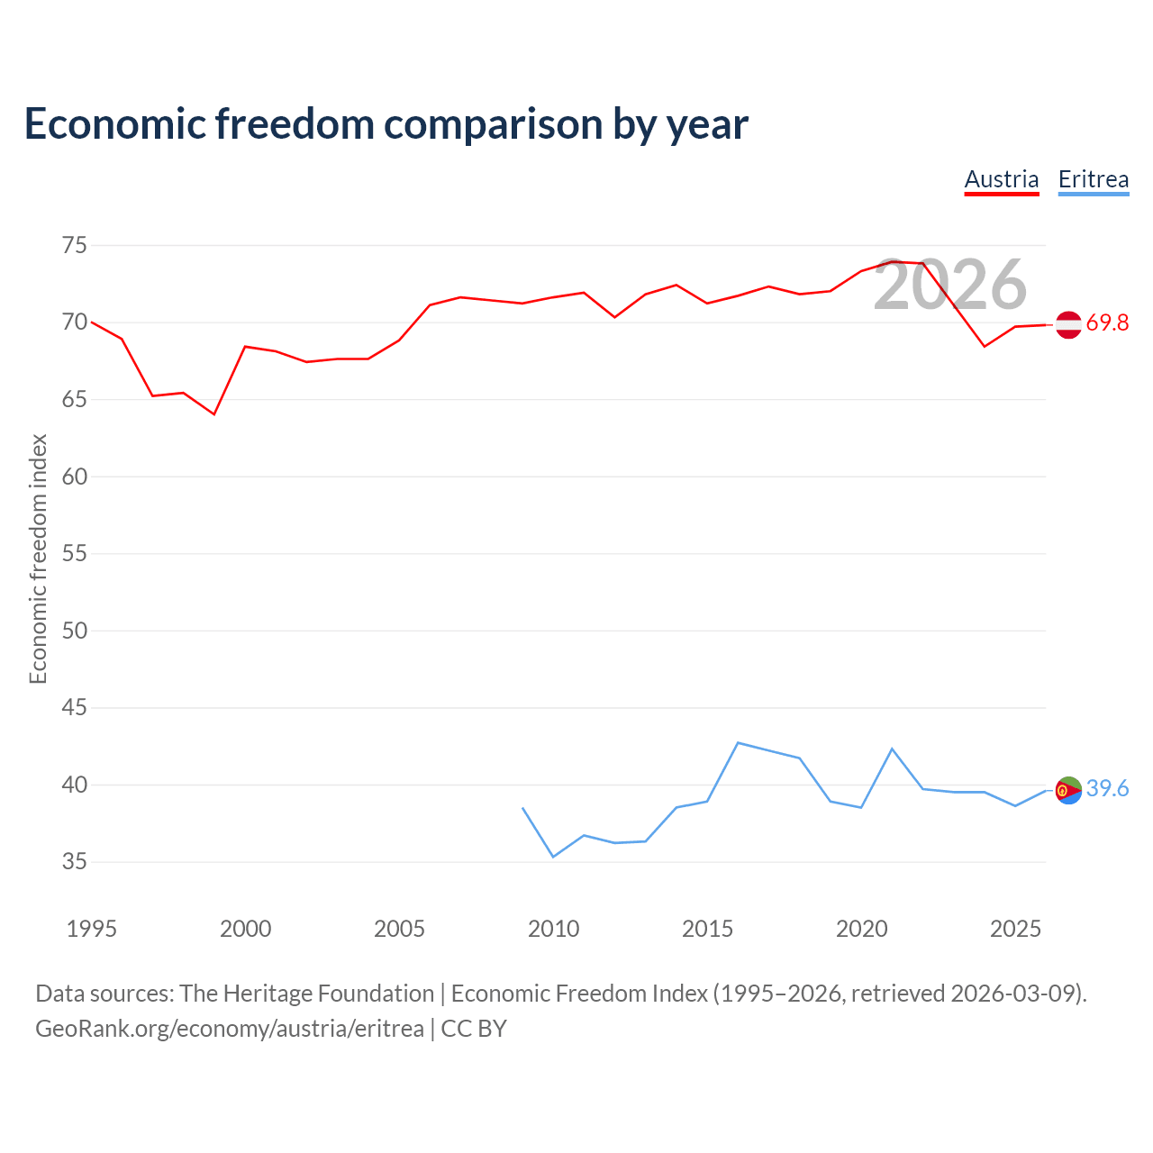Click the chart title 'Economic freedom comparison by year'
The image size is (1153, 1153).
386,123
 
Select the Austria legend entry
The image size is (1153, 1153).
1002,180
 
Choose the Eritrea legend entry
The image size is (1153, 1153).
1094,180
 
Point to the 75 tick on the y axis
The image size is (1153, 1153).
74,245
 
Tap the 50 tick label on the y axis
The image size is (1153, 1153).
74,631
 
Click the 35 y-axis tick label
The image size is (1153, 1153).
74,862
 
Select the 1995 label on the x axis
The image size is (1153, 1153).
92,929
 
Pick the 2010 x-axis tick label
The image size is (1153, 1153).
553,929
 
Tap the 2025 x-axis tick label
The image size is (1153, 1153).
1015,929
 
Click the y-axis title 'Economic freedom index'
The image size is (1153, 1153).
38,558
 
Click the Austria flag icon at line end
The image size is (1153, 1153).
1068,325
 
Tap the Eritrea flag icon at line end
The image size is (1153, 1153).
1068,790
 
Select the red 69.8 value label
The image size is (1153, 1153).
1107,323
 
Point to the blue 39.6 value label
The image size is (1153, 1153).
1107,788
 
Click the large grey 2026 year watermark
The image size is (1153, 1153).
950,285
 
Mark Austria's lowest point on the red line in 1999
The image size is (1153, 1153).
214,414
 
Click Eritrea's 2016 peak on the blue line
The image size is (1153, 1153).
739,742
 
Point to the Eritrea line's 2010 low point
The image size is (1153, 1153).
553,857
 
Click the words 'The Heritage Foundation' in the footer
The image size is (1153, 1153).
307,994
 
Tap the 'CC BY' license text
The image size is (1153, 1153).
474,1030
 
